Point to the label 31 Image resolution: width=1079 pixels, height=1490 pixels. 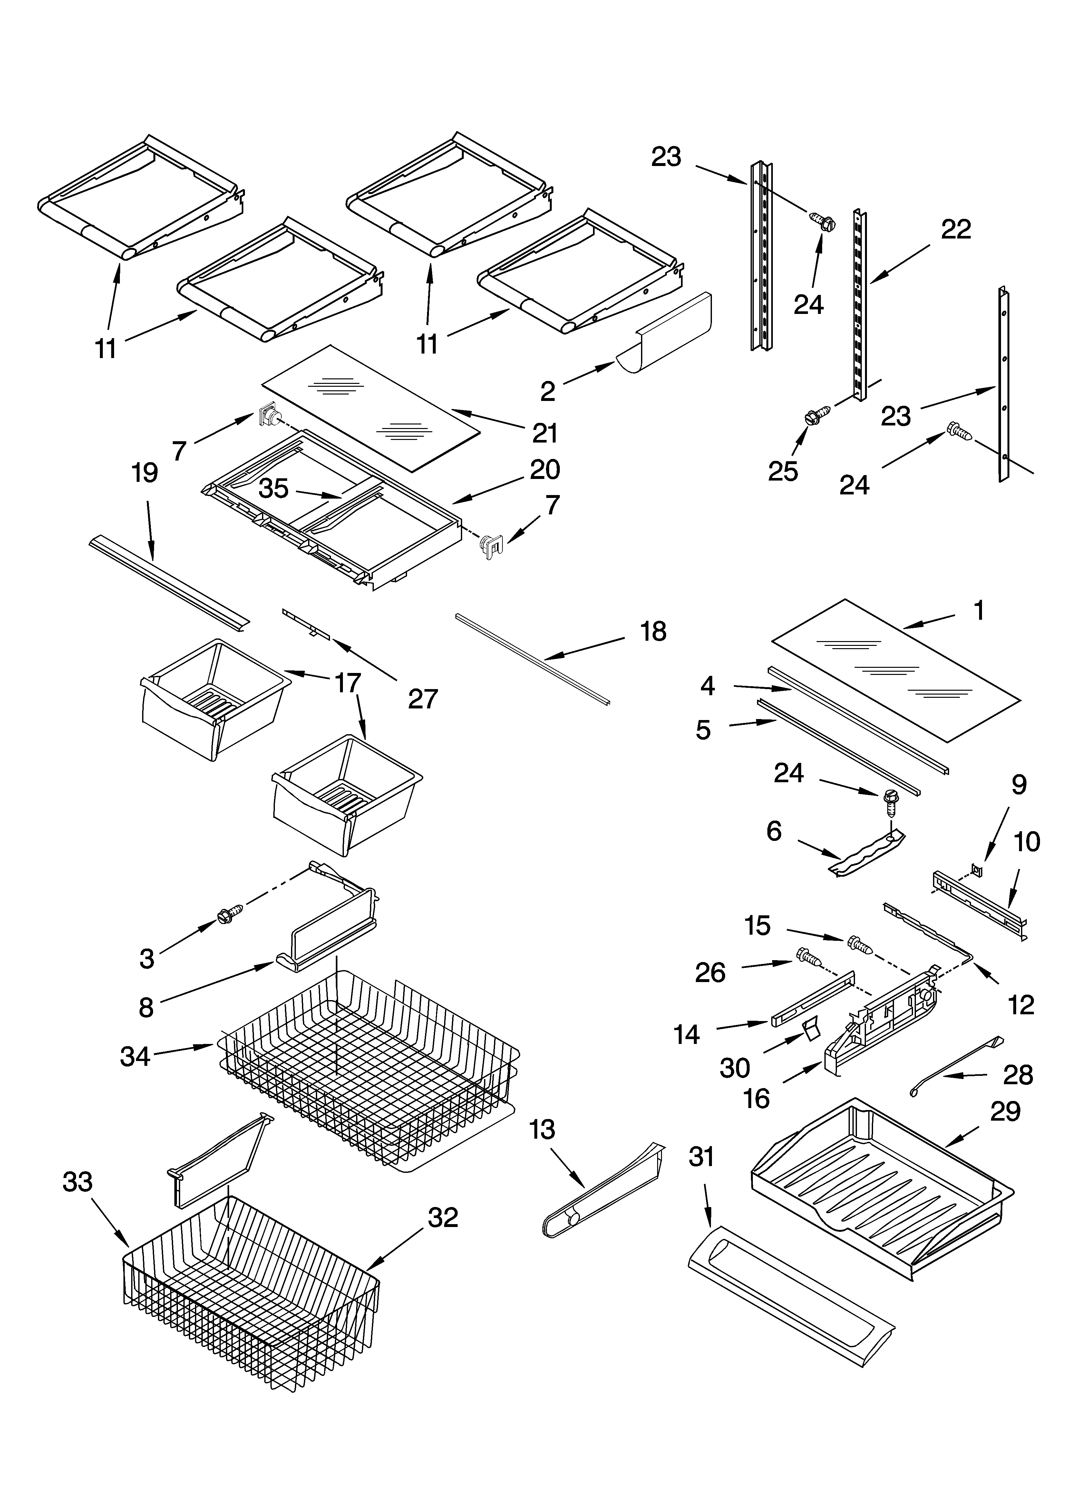(701, 1156)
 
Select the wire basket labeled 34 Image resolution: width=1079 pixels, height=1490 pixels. (368, 1058)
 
